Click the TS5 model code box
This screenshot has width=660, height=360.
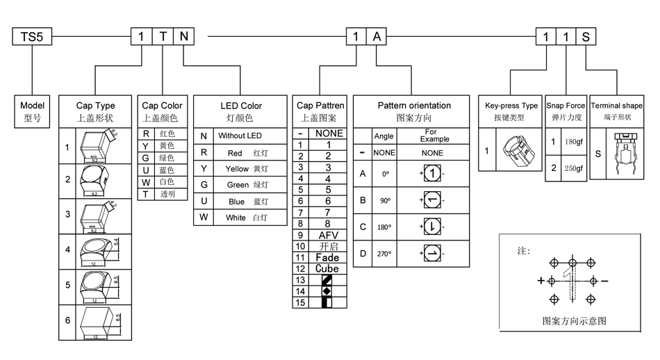(32, 36)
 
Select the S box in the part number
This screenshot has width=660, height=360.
(586, 36)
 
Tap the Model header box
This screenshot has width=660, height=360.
(32, 111)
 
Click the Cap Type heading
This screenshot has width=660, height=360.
(95, 111)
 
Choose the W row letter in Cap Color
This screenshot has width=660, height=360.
(146, 182)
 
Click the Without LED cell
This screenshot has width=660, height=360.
(240, 136)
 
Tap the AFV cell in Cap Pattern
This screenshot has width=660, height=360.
(328, 236)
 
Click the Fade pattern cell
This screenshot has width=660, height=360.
(328, 258)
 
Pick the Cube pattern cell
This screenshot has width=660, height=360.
(328, 269)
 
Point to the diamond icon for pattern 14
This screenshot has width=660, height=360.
(327, 291)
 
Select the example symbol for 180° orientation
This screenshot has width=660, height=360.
(431, 227)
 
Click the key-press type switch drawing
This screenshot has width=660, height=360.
(518, 151)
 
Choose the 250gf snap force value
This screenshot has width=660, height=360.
(574, 168)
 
